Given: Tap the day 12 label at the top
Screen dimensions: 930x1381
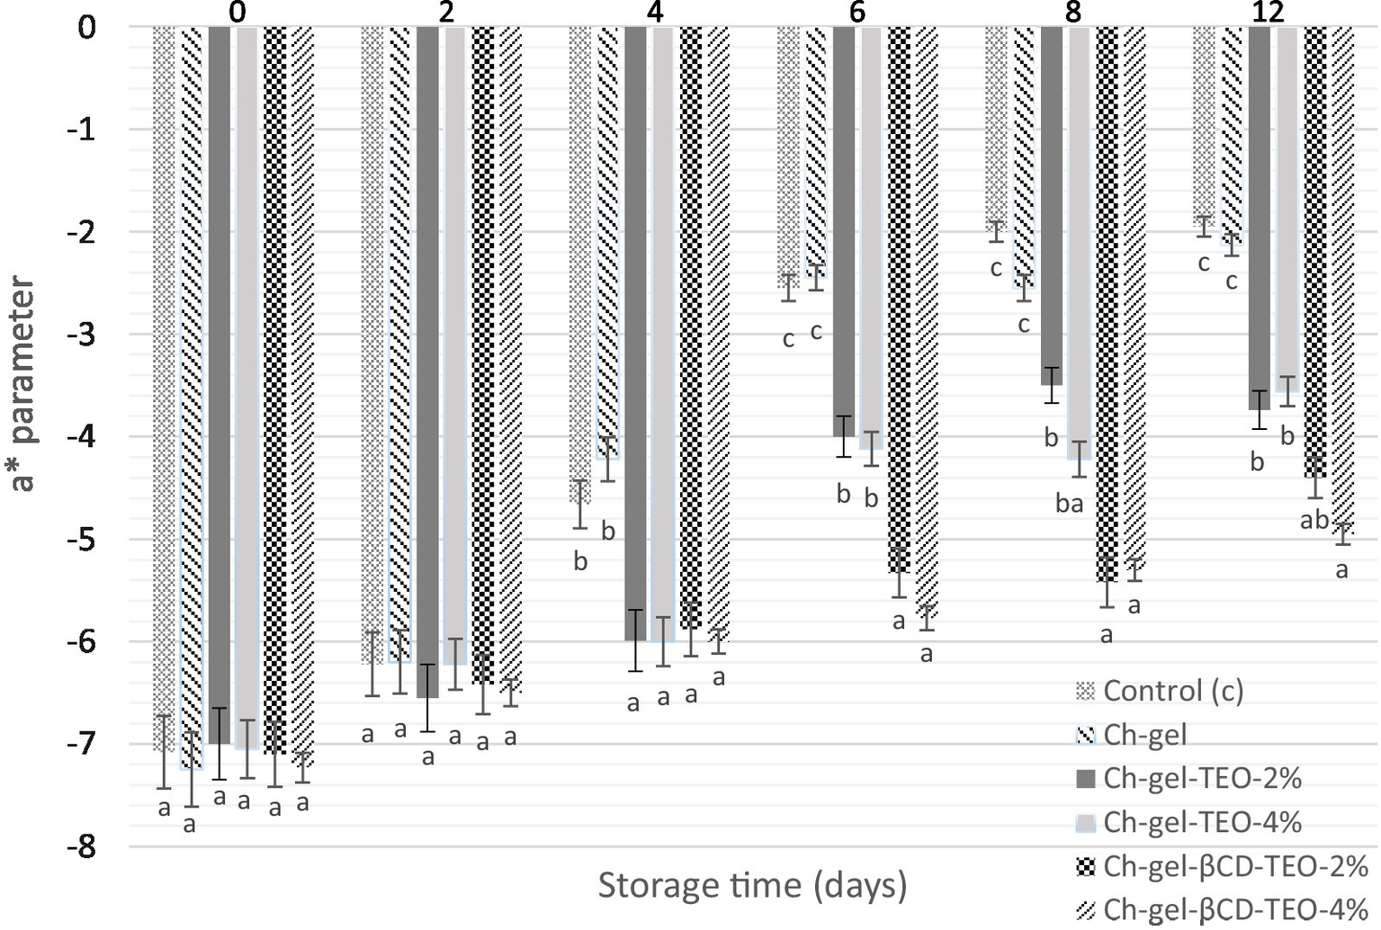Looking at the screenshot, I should [1267, 12].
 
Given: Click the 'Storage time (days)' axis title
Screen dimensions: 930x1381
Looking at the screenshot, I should [752, 886].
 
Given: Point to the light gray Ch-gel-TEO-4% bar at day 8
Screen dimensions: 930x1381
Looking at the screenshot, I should [1080, 243].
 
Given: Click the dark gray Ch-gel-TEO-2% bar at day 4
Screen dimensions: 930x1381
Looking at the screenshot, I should [636, 333].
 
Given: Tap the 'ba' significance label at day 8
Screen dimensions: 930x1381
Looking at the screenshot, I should [1069, 504].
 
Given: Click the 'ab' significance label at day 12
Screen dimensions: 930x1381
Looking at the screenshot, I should [1314, 520].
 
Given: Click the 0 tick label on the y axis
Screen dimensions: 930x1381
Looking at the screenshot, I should [86, 28].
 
